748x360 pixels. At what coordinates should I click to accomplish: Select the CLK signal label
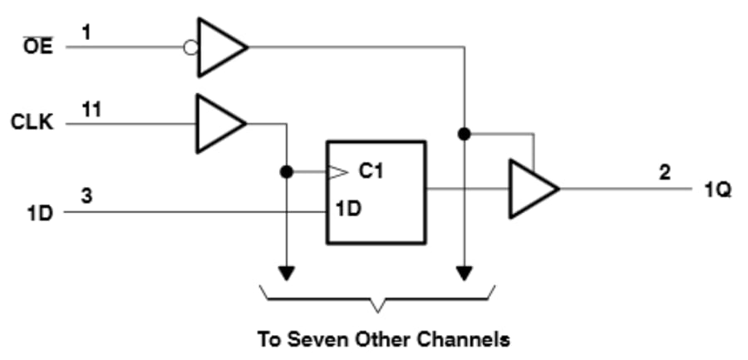coord(32,123)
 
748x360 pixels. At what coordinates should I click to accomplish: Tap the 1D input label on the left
coord(38,213)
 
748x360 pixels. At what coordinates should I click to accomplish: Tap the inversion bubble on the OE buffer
coord(190,47)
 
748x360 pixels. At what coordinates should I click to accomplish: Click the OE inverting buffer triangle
coord(219,47)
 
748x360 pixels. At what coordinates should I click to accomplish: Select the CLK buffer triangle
coord(218,124)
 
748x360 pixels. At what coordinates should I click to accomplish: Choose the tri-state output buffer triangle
coord(531,190)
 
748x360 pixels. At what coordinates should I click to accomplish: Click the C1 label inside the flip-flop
coord(370,172)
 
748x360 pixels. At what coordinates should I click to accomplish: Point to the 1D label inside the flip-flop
coord(348,209)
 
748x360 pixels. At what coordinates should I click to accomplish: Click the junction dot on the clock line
coord(286,173)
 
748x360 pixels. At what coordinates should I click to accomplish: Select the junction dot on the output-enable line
coord(465,133)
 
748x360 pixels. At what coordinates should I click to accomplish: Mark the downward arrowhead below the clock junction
coord(286,273)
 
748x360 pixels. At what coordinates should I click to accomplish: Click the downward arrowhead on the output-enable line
coord(465,273)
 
